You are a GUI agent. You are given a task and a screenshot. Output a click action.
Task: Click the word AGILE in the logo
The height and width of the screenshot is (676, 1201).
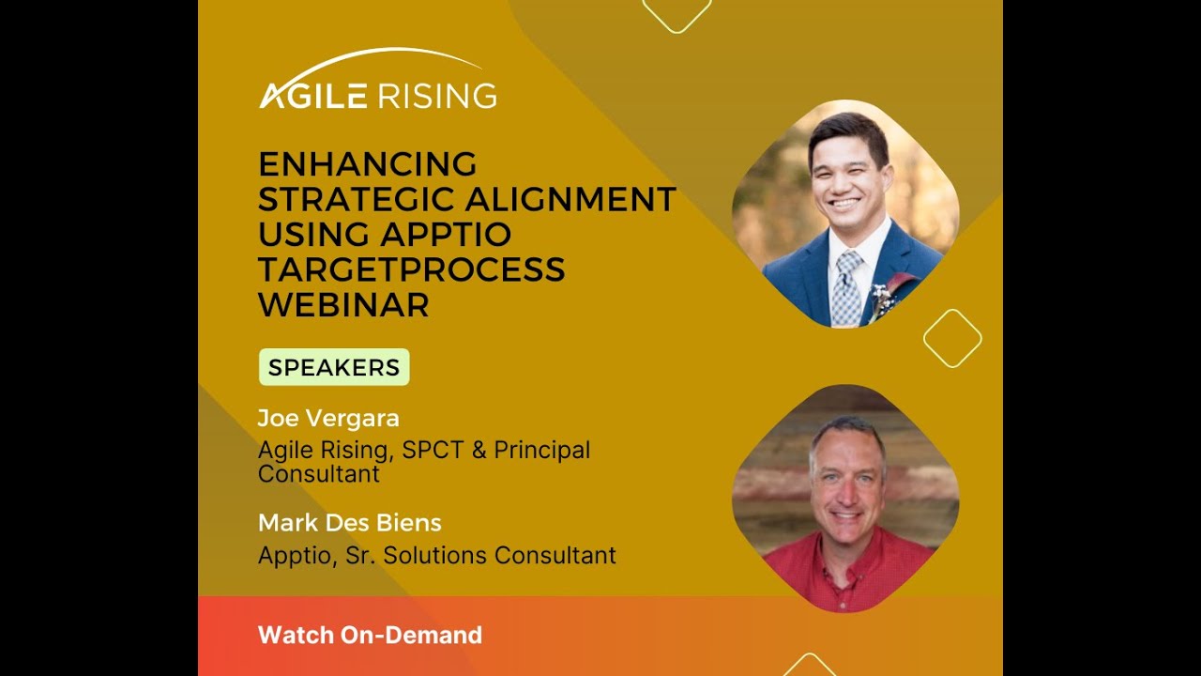(x=314, y=96)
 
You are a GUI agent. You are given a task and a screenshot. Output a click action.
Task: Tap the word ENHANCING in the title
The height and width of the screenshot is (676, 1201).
(x=367, y=164)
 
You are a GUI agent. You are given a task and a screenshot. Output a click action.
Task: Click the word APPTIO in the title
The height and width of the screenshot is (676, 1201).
(x=446, y=234)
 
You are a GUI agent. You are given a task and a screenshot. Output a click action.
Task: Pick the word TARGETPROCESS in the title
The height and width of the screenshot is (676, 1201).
(x=411, y=269)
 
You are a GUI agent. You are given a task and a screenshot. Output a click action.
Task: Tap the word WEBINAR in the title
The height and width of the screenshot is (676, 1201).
(x=343, y=305)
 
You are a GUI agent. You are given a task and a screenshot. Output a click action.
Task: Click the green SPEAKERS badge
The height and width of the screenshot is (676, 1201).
(x=334, y=367)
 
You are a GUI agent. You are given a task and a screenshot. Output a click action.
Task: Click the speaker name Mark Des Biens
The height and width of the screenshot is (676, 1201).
(x=349, y=522)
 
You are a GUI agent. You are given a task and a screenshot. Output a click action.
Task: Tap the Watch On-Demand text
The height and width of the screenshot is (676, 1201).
(x=370, y=636)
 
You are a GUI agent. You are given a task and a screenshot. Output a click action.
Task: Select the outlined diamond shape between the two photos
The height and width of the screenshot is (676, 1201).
(x=951, y=338)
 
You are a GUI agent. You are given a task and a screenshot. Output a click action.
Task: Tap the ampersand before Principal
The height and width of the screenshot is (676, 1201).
(x=479, y=450)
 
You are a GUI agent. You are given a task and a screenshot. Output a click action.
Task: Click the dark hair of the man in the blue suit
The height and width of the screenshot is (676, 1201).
(x=849, y=131)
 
